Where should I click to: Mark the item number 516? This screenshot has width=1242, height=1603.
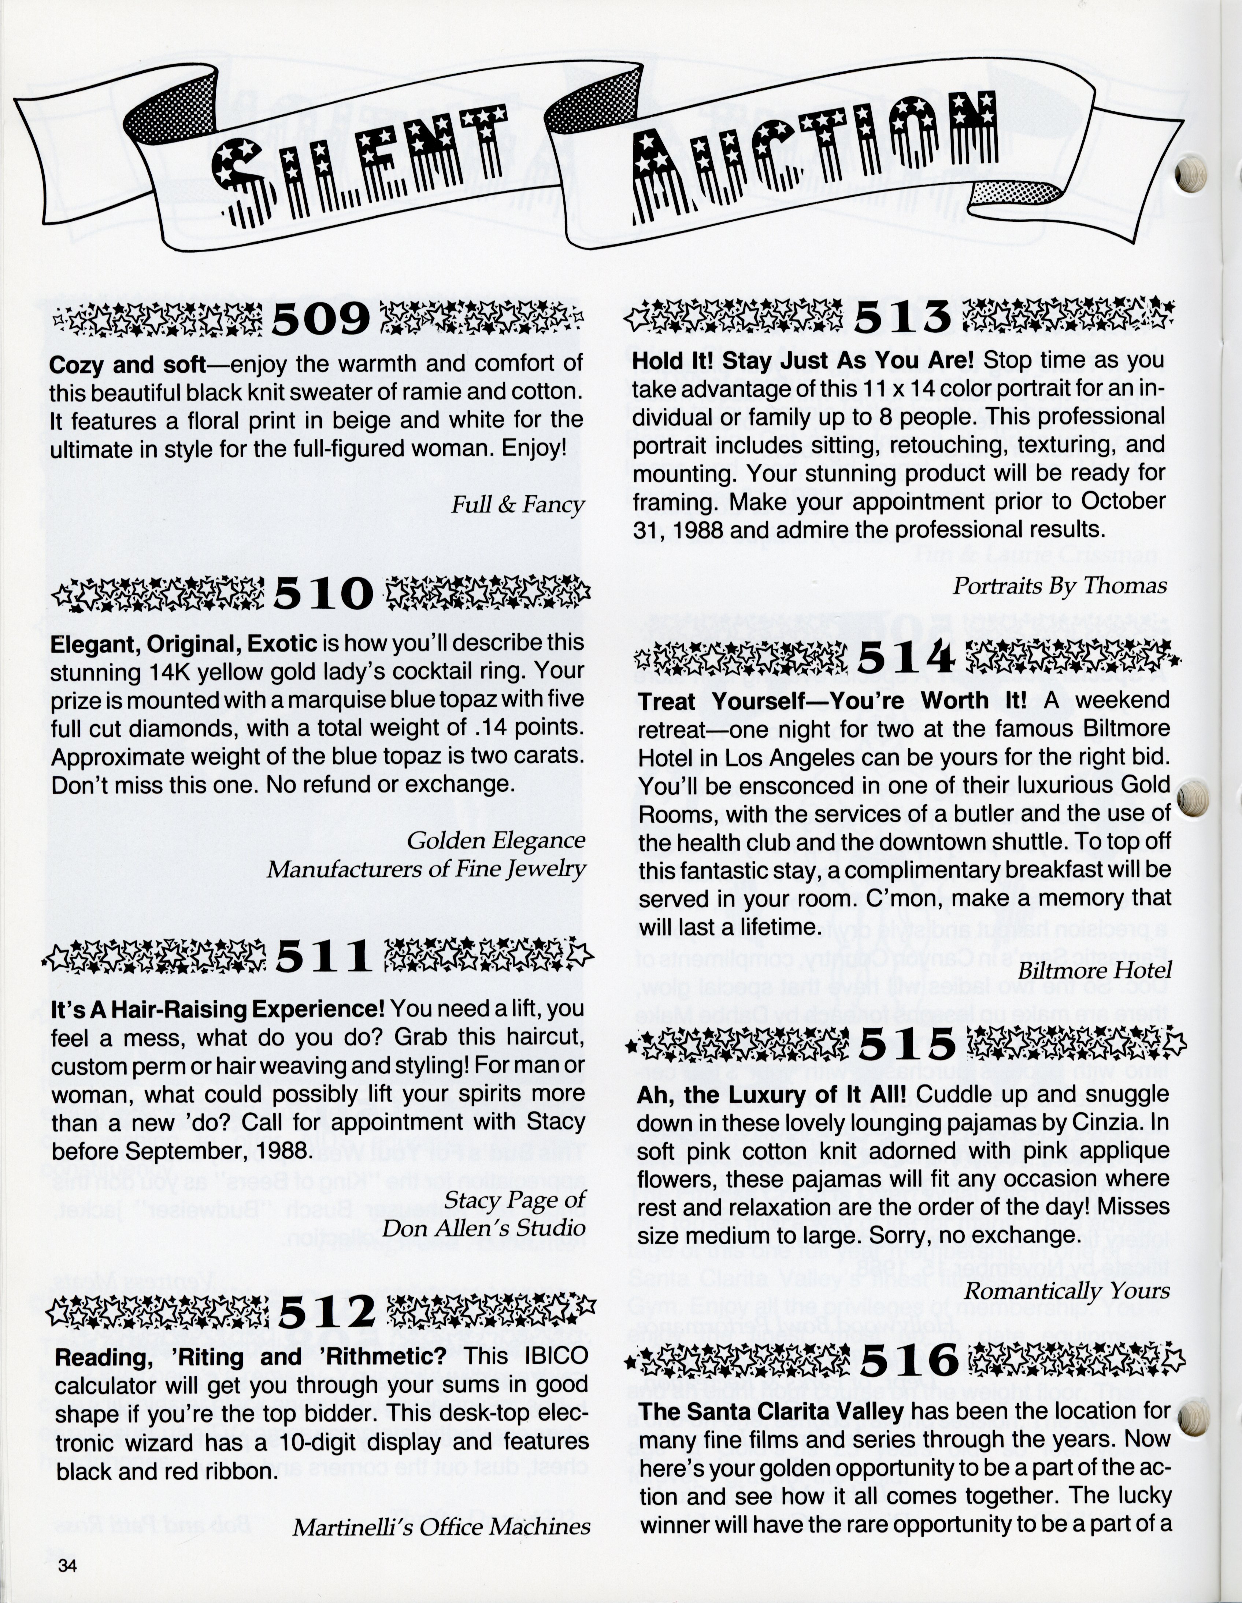point(910,1362)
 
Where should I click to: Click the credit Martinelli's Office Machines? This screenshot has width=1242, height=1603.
point(441,1528)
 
